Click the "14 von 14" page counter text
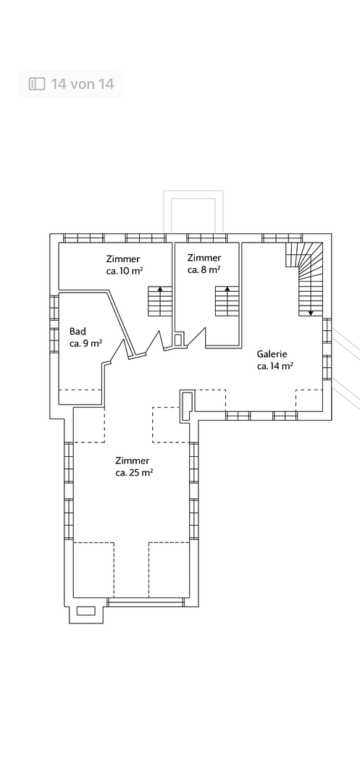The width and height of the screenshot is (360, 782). (x=83, y=84)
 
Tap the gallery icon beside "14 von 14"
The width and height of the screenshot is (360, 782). (x=37, y=84)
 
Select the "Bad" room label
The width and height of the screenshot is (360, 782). (x=78, y=331)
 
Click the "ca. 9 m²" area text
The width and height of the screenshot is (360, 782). (x=85, y=343)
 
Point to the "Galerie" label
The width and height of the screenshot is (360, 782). (x=272, y=354)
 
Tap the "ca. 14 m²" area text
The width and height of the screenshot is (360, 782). (x=275, y=366)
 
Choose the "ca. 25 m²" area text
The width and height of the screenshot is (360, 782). (x=133, y=473)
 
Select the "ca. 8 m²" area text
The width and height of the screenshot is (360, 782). (x=204, y=270)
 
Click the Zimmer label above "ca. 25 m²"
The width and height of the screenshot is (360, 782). (x=132, y=461)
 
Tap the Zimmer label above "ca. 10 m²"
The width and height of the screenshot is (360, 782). (x=123, y=258)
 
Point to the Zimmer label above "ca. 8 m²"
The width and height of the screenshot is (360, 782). (x=204, y=258)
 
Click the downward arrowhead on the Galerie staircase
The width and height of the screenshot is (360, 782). (x=311, y=314)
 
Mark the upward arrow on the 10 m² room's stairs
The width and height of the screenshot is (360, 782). (x=160, y=301)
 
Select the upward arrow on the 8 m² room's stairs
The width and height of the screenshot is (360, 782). (x=227, y=301)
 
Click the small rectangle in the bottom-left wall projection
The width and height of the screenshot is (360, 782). (x=85, y=611)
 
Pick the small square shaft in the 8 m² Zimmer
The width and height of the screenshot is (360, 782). (x=178, y=340)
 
